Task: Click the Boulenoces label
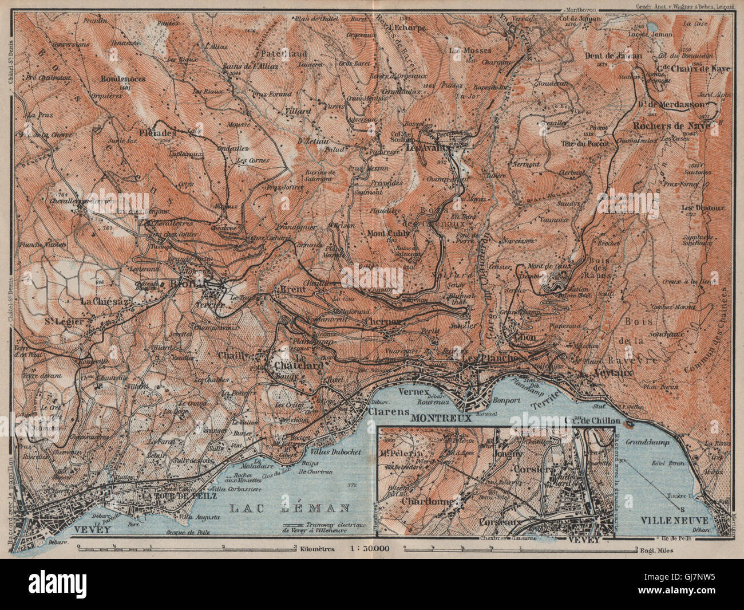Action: [122, 78]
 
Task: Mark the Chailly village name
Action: [234, 356]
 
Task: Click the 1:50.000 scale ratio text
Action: [369, 548]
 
